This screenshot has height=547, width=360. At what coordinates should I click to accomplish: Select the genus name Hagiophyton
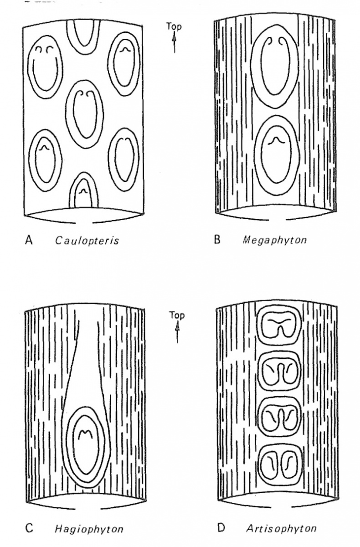[x=89, y=529]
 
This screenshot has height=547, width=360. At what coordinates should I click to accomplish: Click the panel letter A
[x=28, y=240]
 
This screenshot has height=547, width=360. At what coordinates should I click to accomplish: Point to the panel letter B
[x=217, y=239]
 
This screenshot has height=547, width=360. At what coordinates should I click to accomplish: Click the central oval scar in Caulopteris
[x=84, y=114]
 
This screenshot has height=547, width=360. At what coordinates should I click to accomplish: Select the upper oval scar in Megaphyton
[x=275, y=71]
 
